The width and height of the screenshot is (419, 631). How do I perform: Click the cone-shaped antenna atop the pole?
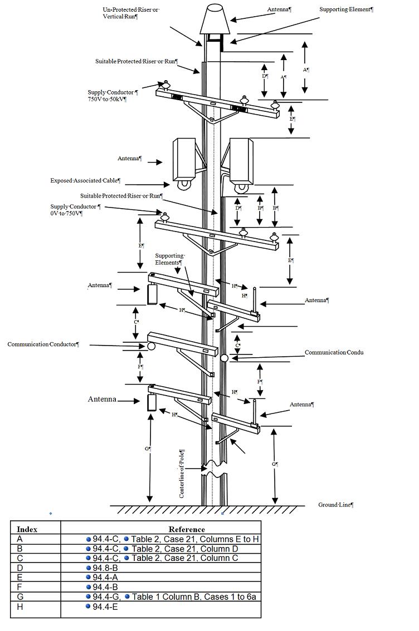214,19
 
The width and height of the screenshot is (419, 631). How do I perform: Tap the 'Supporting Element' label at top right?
346,9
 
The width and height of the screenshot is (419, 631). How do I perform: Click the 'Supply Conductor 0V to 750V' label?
76,210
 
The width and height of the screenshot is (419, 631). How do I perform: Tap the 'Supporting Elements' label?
170,259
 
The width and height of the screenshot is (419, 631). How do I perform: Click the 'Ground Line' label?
336,505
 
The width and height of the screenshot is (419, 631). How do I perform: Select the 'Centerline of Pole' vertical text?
182,473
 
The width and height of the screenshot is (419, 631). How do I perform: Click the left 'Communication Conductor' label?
43,344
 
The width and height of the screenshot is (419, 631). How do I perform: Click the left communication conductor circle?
151,346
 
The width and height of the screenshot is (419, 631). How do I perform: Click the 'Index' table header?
27,529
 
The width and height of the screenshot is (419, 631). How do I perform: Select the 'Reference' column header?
187,529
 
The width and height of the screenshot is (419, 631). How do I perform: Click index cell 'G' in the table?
20,597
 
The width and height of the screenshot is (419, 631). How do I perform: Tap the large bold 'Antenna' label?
102,399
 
